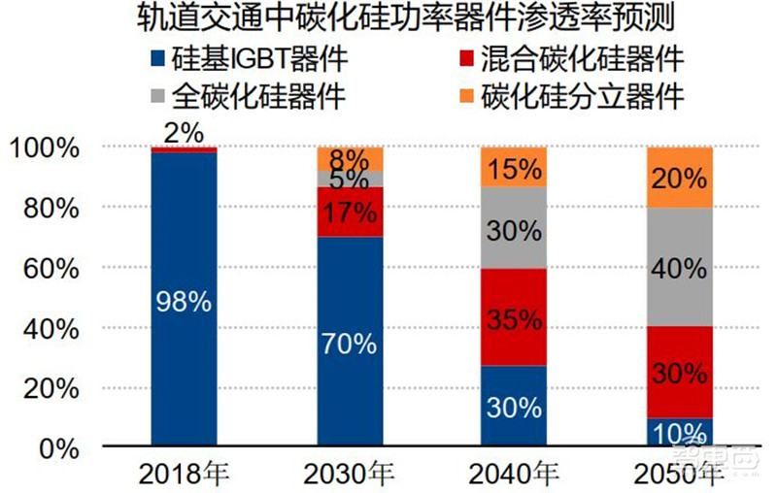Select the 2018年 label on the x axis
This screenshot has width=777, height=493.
point(185,476)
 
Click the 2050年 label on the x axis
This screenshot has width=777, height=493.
point(680,476)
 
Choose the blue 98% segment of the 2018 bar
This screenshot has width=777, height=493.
point(185,301)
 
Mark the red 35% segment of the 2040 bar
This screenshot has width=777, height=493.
point(515,317)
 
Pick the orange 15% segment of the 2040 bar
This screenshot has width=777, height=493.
point(515,167)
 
